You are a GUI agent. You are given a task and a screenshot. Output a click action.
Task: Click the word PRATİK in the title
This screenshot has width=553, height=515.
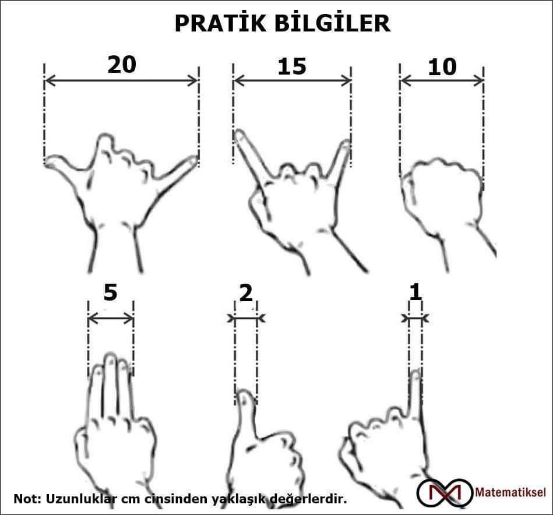220,23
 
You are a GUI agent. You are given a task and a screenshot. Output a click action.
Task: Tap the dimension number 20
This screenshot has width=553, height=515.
122,65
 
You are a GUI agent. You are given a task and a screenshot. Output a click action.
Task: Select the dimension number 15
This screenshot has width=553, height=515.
292,66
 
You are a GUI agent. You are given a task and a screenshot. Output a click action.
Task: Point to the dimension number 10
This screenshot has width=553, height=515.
442,67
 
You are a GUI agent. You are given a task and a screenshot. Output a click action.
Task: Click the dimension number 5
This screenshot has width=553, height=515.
110,292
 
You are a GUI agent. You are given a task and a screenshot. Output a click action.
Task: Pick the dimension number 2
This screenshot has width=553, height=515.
246,293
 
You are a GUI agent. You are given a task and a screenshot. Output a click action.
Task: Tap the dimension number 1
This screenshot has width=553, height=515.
415,293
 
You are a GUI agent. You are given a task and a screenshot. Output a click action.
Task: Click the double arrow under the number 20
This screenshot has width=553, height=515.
121,81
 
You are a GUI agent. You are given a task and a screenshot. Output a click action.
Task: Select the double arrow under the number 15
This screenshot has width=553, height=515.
292,81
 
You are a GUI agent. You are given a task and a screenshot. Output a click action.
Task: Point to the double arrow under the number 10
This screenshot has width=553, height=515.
442,81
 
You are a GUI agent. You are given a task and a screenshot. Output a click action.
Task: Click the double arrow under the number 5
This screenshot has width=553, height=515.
111,319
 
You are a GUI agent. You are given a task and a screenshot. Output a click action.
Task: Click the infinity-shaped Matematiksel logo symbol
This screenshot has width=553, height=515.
445,493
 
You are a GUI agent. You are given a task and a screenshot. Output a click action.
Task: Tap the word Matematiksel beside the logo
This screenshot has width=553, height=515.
510,492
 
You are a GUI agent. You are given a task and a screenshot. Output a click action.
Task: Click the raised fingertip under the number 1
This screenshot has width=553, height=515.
416,372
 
